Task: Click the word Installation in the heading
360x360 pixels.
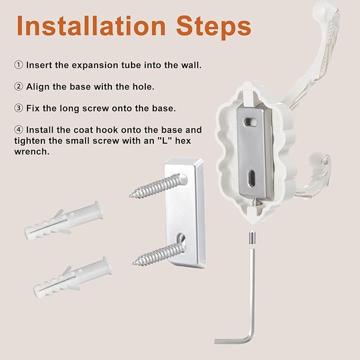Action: click(x=91, y=25)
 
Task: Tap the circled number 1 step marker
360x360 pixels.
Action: click(x=19, y=65)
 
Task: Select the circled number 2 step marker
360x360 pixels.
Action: click(x=19, y=86)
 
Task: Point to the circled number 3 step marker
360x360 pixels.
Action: click(x=19, y=108)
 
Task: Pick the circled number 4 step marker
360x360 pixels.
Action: click(x=19, y=130)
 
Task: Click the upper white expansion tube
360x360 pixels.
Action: click(x=64, y=221)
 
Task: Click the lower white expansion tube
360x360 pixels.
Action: click(x=73, y=277)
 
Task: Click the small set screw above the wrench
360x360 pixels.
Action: click(x=252, y=237)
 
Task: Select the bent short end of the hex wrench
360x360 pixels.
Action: click(x=232, y=340)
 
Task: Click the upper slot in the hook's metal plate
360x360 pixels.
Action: click(x=250, y=122)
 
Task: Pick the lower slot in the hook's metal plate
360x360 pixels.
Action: click(x=252, y=178)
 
